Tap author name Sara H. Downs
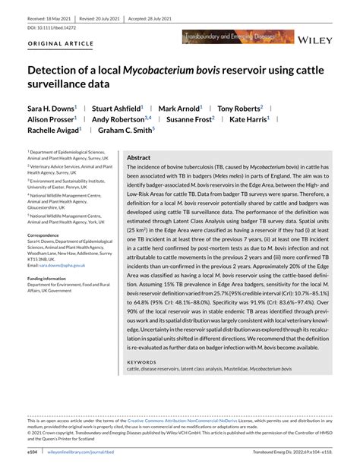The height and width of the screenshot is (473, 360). point(52,109)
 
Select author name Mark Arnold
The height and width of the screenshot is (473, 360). point(180,109)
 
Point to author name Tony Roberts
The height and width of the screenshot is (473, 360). point(238,109)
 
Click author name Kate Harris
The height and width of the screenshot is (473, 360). point(249,119)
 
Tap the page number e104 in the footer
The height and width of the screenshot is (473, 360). point(33,449)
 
